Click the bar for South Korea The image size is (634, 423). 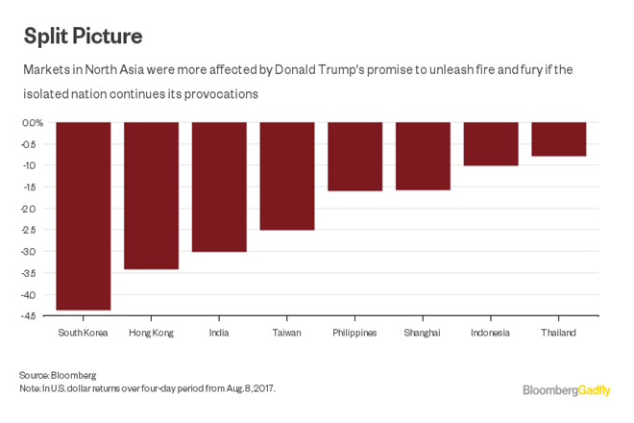click(84, 216)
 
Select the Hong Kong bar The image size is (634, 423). click(151, 195)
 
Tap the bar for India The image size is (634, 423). click(219, 187)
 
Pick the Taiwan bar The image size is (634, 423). click(287, 176)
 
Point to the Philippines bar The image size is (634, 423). click(354, 157)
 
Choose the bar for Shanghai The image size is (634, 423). click(423, 156)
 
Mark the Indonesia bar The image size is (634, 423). click(491, 144)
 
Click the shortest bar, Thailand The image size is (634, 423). click(558, 139)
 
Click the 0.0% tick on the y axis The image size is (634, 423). click(33, 123)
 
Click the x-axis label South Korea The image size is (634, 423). click(84, 333)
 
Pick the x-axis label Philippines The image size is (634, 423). click(354, 333)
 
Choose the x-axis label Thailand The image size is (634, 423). click(558, 333)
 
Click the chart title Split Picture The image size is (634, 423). click(83, 36)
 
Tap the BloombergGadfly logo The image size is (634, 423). click(566, 389)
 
